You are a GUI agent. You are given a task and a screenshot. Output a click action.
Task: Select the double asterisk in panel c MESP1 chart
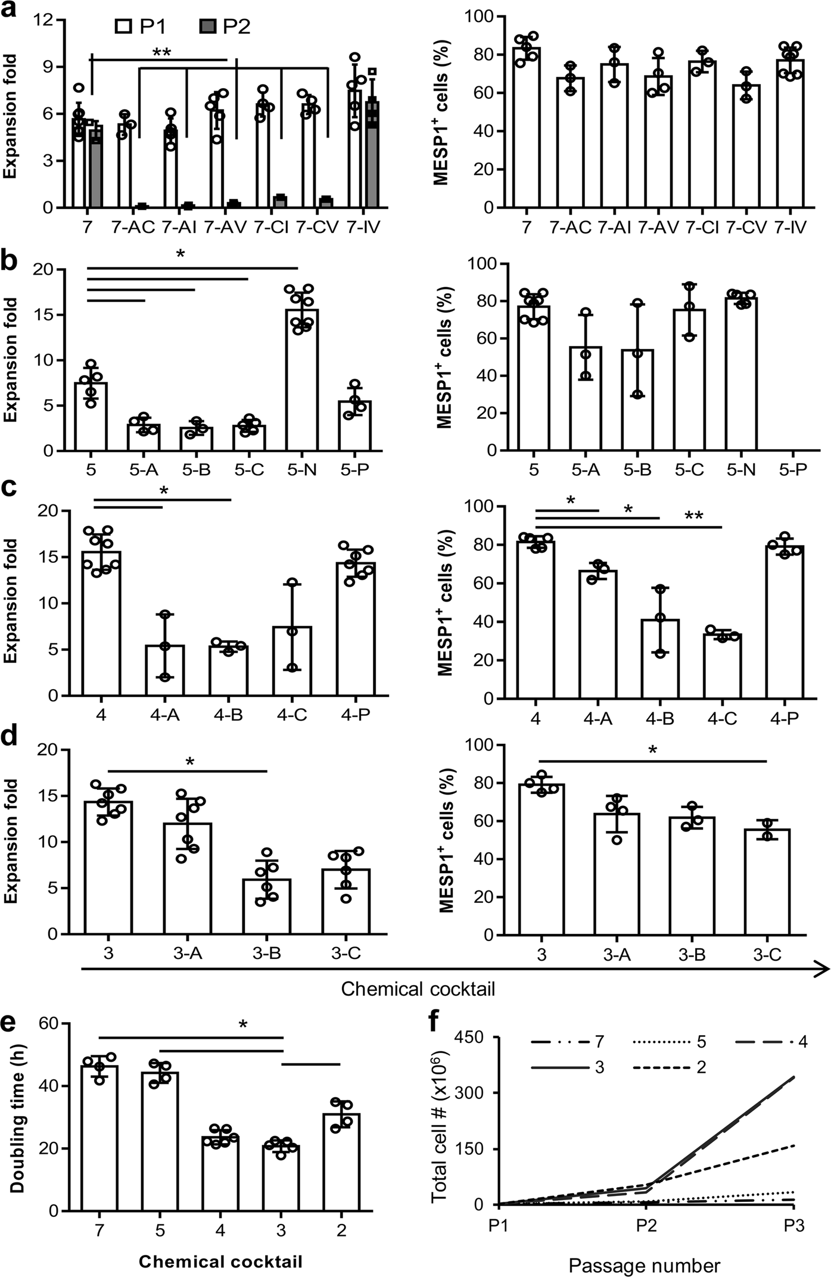coord(693,516)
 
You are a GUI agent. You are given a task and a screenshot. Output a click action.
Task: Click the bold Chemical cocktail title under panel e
coord(220,1262)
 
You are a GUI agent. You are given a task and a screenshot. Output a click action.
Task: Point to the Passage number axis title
coord(644,1265)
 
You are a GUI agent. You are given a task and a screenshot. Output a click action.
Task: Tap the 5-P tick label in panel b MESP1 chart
coord(793,470)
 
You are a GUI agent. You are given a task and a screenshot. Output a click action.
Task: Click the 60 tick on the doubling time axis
coord(51,1023)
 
